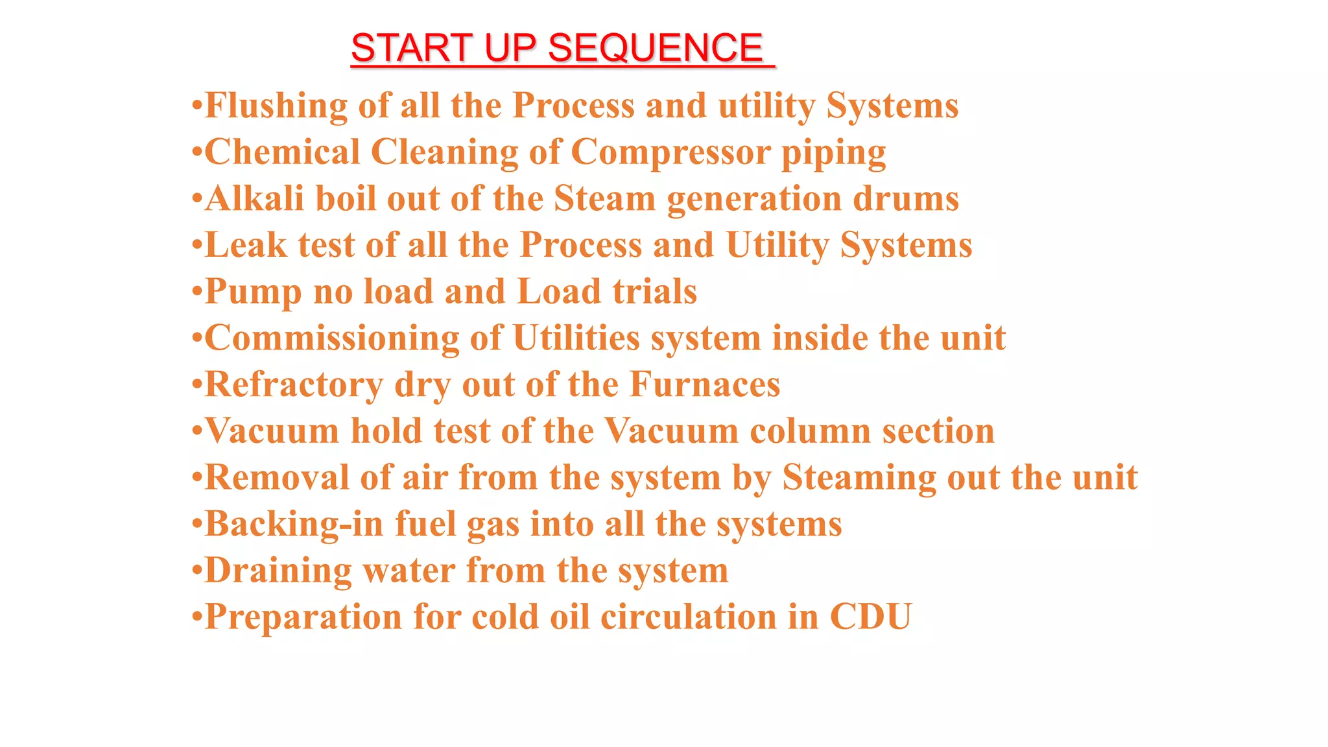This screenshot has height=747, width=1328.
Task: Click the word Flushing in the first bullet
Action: pyautogui.click(x=276, y=106)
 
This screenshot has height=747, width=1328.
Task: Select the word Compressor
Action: pyautogui.click(x=670, y=152)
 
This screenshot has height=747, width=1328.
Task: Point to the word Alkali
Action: pyautogui.click(x=255, y=198)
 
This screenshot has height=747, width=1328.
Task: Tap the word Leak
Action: pyautogui.click(x=246, y=245)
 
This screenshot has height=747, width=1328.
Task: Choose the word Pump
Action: pyautogui.click(x=254, y=292)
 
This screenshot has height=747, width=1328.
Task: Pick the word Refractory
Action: pyautogui.click(x=294, y=385)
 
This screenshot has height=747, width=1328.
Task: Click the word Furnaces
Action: pyautogui.click(x=705, y=385)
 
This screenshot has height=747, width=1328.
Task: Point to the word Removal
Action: pyautogui.click(x=277, y=478)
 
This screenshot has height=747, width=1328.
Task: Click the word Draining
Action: pyautogui.click(x=278, y=571)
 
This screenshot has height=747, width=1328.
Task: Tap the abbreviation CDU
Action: pyautogui.click(x=871, y=617)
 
